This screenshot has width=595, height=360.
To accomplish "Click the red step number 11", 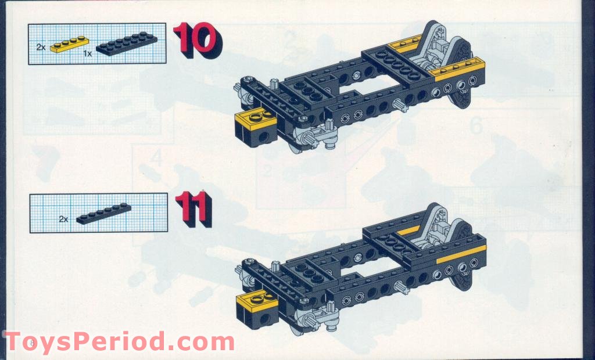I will tap(193, 210).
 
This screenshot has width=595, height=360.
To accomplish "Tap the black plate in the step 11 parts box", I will tap(103, 214).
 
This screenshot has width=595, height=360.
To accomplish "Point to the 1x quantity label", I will tap(88, 53).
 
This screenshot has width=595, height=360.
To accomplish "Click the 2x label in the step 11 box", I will tap(63, 219).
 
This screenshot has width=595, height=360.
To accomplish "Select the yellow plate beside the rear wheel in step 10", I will tap(459, 72).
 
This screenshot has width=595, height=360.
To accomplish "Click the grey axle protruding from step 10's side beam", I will tap(400, 105).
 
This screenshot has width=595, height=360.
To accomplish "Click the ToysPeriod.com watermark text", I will tap(119, 341).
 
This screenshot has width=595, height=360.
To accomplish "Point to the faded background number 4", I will tap(155, 159).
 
